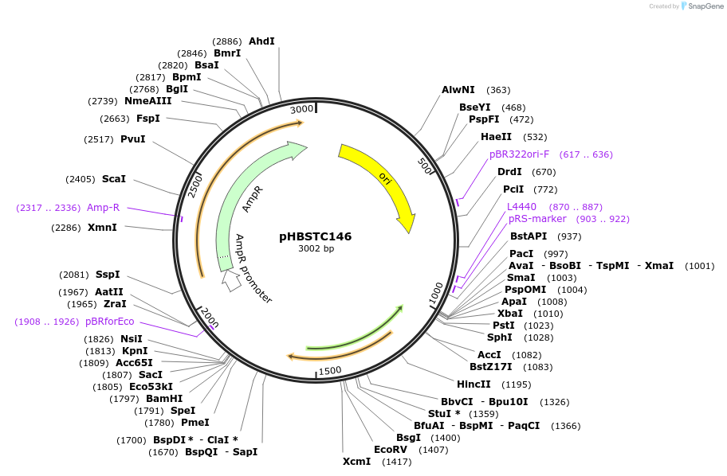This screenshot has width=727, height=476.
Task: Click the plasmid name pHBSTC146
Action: [x=315, y=236]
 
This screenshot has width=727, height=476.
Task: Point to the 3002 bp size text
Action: [x=316, y=249]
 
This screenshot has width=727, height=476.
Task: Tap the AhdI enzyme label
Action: [x=261, y=41]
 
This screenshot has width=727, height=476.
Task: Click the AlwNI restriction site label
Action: [x=458, y=90]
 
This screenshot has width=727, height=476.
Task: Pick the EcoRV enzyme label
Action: [x=391, y=449]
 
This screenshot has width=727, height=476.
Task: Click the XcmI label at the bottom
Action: [x=357, y=462]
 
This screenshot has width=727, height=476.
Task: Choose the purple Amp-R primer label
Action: [x=104, y=208]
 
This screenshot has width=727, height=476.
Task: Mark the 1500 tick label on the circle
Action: [x=328, y=369]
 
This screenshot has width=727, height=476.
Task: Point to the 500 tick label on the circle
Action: [x=424, y=166]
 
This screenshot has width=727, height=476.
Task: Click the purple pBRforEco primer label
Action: [x=110, y=322]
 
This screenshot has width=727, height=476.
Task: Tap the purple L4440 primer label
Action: [x=521, y=206]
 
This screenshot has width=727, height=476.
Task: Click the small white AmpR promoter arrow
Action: [x=231, y=280]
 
